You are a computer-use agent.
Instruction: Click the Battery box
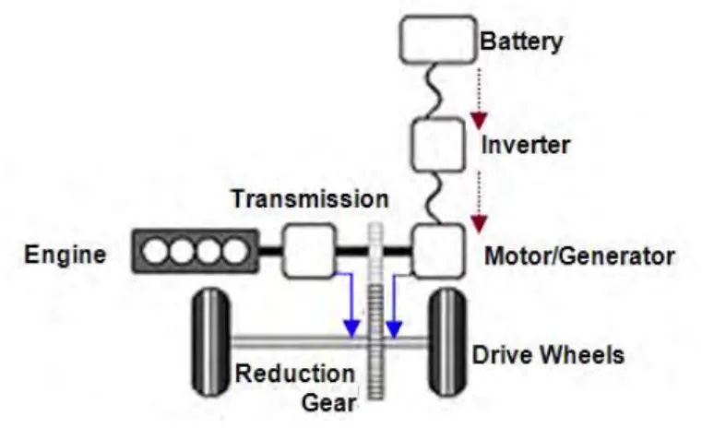tap(438, 40)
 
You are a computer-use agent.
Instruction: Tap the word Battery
tap(521, 42)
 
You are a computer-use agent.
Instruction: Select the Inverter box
tap(438, 145)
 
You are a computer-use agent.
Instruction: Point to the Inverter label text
tap(526, 145)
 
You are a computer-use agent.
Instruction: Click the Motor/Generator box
tap(438, 251)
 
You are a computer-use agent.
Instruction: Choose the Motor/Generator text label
tap(579, 256)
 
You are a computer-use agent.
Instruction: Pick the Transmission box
tap(309, 251)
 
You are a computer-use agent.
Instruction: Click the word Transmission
tap(310, 198)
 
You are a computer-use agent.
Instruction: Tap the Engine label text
tap(65, 256)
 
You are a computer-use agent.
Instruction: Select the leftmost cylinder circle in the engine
tap(154, 251)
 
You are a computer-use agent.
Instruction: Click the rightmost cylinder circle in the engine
tap(235, 251)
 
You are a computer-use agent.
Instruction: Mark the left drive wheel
tap(211, 342)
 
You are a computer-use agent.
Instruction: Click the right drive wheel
tap(446, 342)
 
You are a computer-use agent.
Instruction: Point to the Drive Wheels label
tap(548, 355)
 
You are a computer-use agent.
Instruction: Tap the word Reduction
tap(295, 374)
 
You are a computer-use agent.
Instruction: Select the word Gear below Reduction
tap(329, 402)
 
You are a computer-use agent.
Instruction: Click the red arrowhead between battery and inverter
tap(479, 121)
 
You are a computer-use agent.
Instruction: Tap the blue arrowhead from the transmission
tap(351, 329)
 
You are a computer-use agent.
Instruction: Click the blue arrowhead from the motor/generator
tap(394, 329)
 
